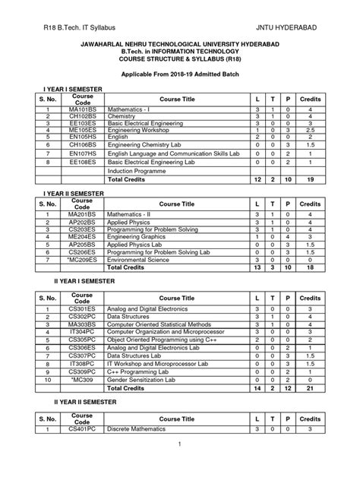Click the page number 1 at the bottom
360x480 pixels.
pyautogui.click(x=180, y=464)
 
